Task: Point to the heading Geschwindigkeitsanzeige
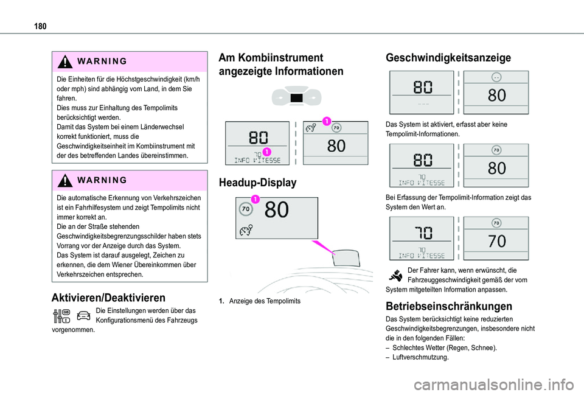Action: point(448,58)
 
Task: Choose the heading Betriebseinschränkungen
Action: point(449,306)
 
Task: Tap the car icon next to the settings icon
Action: point(83,316)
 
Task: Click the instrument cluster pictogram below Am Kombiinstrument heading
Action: point(296,98)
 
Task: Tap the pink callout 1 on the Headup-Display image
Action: point(254,199)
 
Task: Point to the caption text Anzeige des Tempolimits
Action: point(264,301)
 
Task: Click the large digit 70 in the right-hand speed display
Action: point(496,242)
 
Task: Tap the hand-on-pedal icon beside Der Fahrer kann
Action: point(395,274)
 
